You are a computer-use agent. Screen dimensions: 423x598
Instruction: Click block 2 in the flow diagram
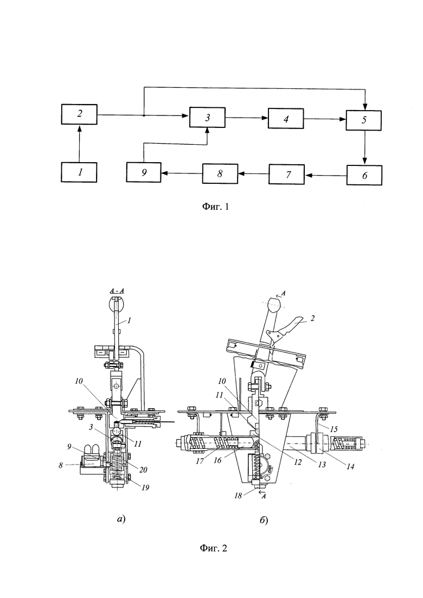click(x=79, y=114)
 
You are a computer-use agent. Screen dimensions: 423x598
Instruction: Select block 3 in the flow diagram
click(x=207, y=118)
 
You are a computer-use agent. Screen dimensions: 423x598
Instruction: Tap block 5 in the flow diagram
click(x=364, y=120)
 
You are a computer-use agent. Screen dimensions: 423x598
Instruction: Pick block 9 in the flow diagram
click(x=144, y=172)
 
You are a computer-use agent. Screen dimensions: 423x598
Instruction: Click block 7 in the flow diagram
click(x=287, y=174)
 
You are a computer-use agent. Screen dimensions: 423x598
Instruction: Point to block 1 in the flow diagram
click(x=79, y=172)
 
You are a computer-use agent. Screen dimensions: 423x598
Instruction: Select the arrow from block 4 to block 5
click(x=325, y=119)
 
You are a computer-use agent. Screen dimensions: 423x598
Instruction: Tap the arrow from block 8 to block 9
click(x=182, y=173)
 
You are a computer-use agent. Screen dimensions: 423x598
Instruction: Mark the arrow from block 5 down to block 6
click(x=364, y=147)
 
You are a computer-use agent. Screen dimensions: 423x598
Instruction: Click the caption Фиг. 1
click(x=215, y=207)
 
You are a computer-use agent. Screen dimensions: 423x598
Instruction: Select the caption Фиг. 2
click(x=214, y=549)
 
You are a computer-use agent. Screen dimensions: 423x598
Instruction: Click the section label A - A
click(x=118, y=291)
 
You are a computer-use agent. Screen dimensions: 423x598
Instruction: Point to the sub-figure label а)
click(x=121, y=519)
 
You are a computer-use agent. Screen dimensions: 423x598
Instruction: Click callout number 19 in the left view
click(x=145, y=487)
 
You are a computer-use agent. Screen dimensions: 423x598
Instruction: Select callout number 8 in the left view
click(x=61, y=465)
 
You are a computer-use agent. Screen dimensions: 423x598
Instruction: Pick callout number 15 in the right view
click(x=334, y=429)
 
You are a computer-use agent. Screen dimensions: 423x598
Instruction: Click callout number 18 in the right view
click(x=238, y=496)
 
